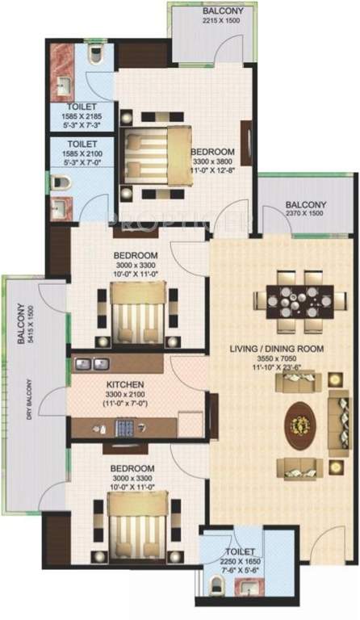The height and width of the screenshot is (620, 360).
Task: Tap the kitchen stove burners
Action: click(x=125, y=426)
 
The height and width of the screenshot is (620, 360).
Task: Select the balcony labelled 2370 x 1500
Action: click(x=305, y=209)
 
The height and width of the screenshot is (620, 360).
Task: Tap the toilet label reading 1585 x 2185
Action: click(x=81, y=119)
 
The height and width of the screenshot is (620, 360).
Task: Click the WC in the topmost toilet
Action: click(x=94, y=54)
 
